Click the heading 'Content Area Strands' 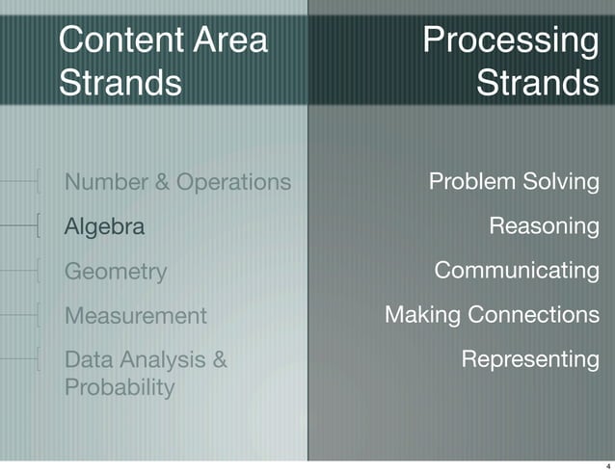click(x=163, y=62)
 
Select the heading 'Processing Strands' click(x=511, y=62)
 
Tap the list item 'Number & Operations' click(x=177, y=182)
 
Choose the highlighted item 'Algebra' click(x=104, y=227)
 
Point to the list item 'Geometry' click(x=115, y=272)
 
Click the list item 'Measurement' click(x=135, y=316)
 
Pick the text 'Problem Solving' click(x=513, y=182)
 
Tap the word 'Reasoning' click(x=544, y=227)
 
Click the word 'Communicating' click(x=517, y=271)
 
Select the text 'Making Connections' click(x=492, y=315)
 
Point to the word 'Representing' click(x=530, y=359)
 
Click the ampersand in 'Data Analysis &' click(x=219, y=360)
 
